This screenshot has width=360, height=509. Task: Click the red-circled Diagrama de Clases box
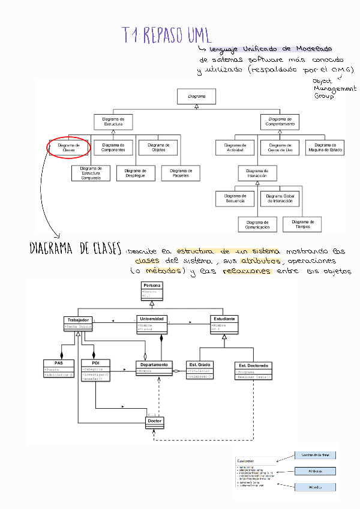tap(68, 147)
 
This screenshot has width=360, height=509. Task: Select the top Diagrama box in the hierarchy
tap(197, 96)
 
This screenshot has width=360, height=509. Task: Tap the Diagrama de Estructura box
tap(113, 121)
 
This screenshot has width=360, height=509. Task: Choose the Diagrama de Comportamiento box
tap(281, 121)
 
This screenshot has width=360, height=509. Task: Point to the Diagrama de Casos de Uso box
tap(280, 147)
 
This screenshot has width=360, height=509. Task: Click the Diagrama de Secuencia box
tap(235, 198)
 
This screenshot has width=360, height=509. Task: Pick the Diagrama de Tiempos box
tap(302, 224)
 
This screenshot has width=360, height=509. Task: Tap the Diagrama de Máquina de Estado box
tap(325, 147)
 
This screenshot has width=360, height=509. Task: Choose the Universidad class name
tap(152, 319)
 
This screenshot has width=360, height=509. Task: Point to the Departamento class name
tap(154, 364)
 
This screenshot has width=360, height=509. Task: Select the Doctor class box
tap(154, 421)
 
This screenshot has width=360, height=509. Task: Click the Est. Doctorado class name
tap(254, 365)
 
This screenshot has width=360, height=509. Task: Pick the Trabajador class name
tap(78, 320)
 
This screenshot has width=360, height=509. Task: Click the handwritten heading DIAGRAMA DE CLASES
tap(76, 250)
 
